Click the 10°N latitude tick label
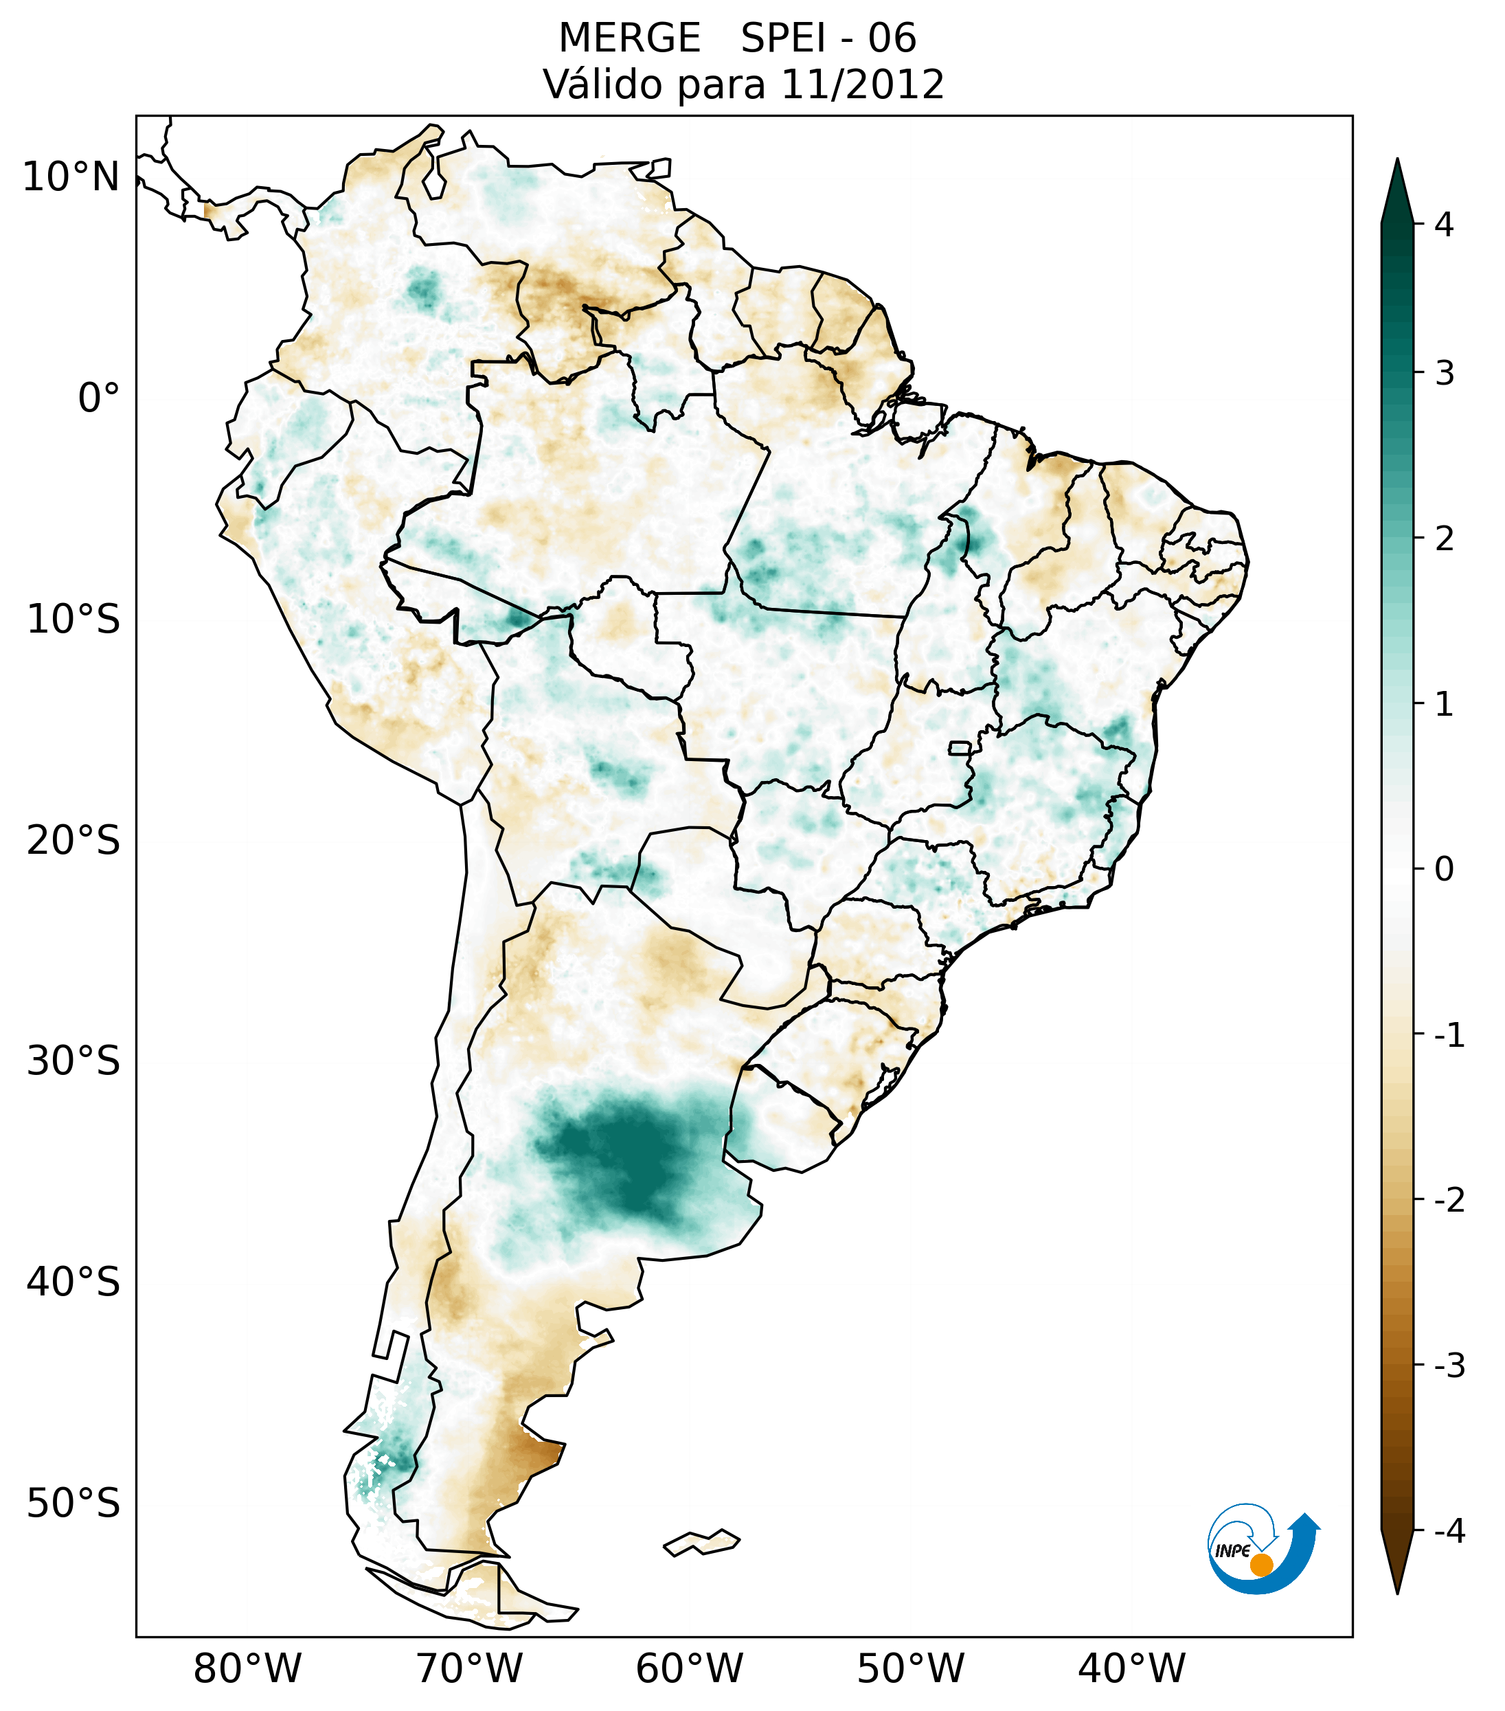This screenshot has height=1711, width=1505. (70, 177)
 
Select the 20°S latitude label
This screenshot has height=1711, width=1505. (73, 841)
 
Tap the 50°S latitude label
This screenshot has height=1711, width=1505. (73, 1504)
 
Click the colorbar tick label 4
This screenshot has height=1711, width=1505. (1444, 225)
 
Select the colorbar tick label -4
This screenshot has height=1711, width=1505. (1449, 1532)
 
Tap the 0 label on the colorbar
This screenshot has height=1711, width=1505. (1444, 870)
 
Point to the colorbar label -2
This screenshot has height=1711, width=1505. (1449, 1201)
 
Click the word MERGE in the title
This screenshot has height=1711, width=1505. (629, 38)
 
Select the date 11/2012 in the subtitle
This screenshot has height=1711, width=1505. (861, 84)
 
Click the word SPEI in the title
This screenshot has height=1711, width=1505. (782, 38)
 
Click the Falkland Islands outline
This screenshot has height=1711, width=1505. (701, 1542)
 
